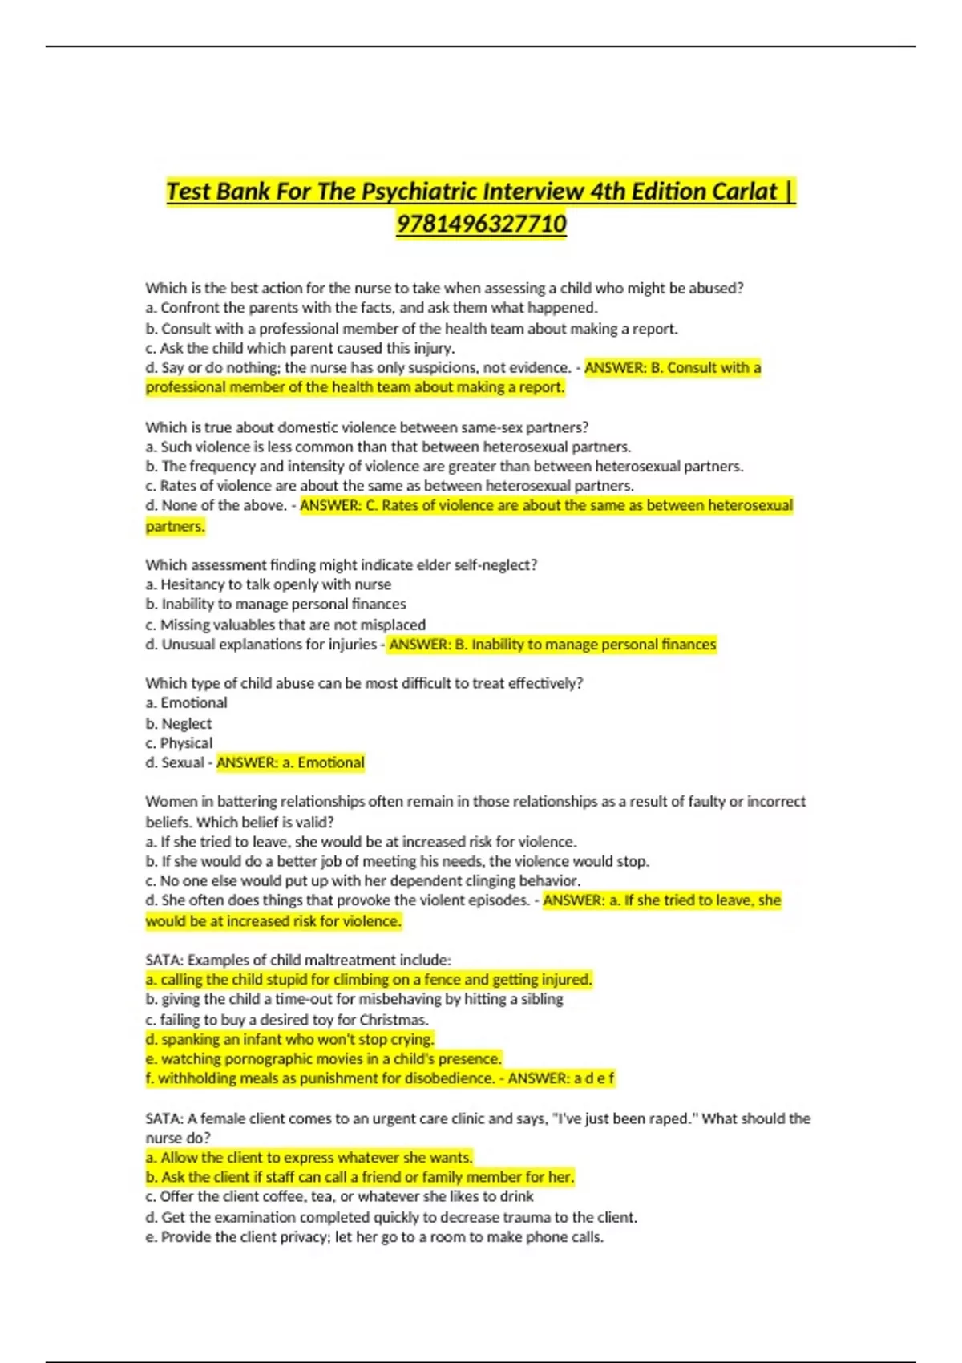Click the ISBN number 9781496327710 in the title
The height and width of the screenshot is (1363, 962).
click(481, 223)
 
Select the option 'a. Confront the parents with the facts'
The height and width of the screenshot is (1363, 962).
click(371, 308)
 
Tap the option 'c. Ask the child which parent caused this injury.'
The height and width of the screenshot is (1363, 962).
click(300, 348)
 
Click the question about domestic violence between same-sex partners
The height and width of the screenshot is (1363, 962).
click(366, 427)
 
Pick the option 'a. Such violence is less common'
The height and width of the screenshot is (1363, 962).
click(388, 447)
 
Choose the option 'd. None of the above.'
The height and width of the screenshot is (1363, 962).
click(216, 505)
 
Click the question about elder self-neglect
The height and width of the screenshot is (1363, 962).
click(341, 564)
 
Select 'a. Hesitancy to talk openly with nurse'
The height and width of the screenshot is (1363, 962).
click(268, 584)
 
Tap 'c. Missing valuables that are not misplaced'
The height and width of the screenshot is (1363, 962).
click(285, 625)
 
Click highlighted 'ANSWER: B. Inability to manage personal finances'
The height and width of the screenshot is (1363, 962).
click(552, 645)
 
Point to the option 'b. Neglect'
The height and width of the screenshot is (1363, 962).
click(178, 723)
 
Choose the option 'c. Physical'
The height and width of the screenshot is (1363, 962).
click(179, 742)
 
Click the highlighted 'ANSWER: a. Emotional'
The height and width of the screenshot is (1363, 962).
click(290, 762)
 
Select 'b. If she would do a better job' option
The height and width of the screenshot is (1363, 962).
click(397, 861)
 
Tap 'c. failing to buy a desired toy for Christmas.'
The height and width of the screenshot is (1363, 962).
click(287, 1020)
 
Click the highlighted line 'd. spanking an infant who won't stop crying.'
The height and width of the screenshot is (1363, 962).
click(289, 1039)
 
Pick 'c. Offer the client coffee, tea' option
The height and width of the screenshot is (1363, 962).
click(339, 1196)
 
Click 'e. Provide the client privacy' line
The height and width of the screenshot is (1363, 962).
click(374, 1236)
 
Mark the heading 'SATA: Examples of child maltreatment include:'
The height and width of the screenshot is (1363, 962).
click(298, 960)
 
